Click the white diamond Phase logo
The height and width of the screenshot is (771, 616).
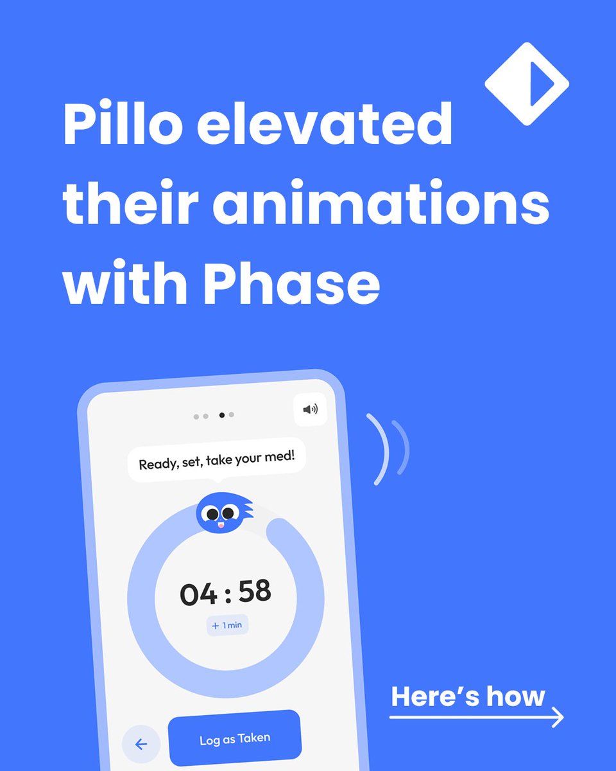click(x=526, y=84)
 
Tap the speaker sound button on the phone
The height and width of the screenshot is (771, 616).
click(x=310, y=409)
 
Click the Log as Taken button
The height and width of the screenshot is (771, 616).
click(x=235, y=740)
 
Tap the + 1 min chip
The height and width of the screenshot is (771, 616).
click(x=227, y=625)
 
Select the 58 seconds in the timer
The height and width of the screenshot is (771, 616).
click(x=255, y=591)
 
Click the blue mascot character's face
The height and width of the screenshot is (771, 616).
click(x=220, y=513)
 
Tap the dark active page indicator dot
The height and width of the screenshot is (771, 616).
click(x=222, y=415)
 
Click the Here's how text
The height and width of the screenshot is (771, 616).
click(x=468, y=696)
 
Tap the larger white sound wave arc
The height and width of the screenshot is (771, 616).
click(x=380, y=448)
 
